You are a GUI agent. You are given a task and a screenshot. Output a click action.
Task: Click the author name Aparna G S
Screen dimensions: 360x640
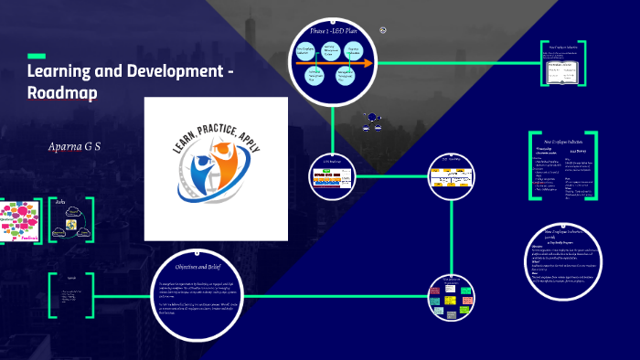point(73,145)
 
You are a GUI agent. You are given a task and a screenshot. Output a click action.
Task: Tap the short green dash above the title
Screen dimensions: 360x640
point(37,56)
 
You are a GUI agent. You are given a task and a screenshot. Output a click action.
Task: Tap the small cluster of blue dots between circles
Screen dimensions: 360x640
point(372,117)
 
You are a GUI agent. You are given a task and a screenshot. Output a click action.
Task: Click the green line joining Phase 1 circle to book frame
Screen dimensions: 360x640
point(457,64)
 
